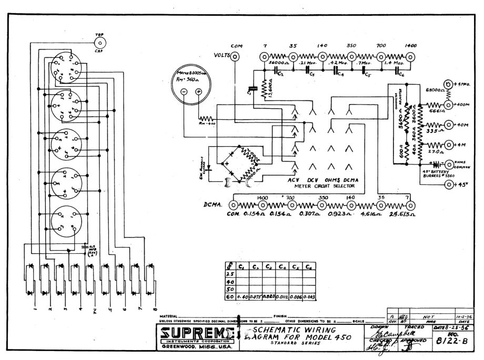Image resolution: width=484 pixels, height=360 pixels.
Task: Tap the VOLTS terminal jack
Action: pos(235,56)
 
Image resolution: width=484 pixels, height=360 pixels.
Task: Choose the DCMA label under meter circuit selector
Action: pos(352,179)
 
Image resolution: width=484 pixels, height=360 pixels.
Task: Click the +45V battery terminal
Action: pos(449,184)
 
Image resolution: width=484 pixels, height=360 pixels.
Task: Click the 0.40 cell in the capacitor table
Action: pos(243,297)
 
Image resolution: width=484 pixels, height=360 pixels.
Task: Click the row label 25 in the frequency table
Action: pos(229,275)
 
